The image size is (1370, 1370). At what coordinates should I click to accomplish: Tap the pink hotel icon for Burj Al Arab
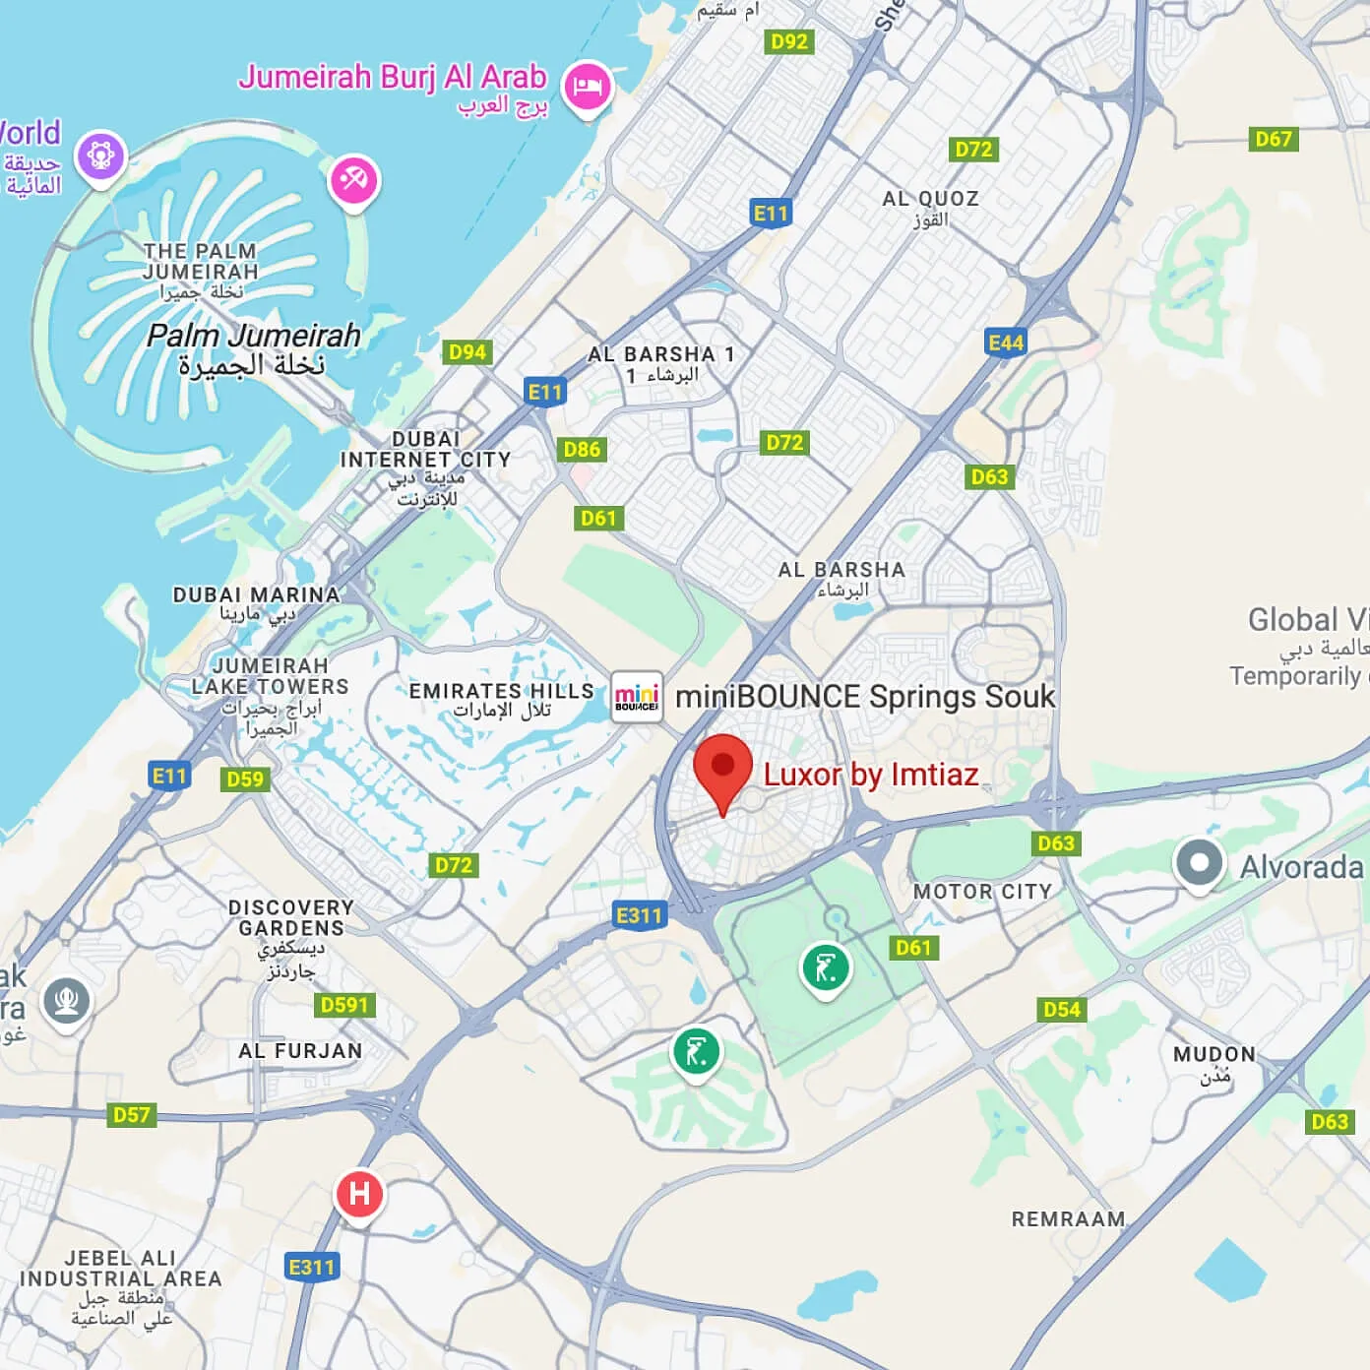[588, 87]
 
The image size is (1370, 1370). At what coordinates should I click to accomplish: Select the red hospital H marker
[359, 1194]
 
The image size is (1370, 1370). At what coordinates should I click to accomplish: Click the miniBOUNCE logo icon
[637, 697]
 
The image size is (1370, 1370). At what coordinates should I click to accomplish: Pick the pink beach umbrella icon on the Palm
[353, 179]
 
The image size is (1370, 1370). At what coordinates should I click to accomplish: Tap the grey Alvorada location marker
[1198, 863]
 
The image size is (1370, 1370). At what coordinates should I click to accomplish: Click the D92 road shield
[789, 41]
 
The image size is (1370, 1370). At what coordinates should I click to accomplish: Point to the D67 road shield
[1274, 139]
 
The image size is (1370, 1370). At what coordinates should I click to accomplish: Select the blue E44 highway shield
[1006, 342]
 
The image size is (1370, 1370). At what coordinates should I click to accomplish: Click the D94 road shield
[467, 352]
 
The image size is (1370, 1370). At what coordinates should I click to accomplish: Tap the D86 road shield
[582, 450]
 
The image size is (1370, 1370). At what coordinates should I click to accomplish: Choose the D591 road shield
[344, 1005]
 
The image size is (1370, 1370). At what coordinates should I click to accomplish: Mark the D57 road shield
[132, 1115]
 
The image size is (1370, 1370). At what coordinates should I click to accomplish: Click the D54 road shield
[1062, 1009]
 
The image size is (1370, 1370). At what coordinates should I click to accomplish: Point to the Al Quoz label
[930, 199]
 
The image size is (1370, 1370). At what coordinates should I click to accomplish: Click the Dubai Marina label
[256, 594]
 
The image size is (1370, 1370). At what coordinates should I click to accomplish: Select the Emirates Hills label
[502, 691]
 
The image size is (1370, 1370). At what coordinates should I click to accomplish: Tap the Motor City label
[982, 892]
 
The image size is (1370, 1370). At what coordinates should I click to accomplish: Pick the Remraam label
[1068, 1219]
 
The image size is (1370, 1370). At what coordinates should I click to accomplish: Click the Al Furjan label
[300, 1051]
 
